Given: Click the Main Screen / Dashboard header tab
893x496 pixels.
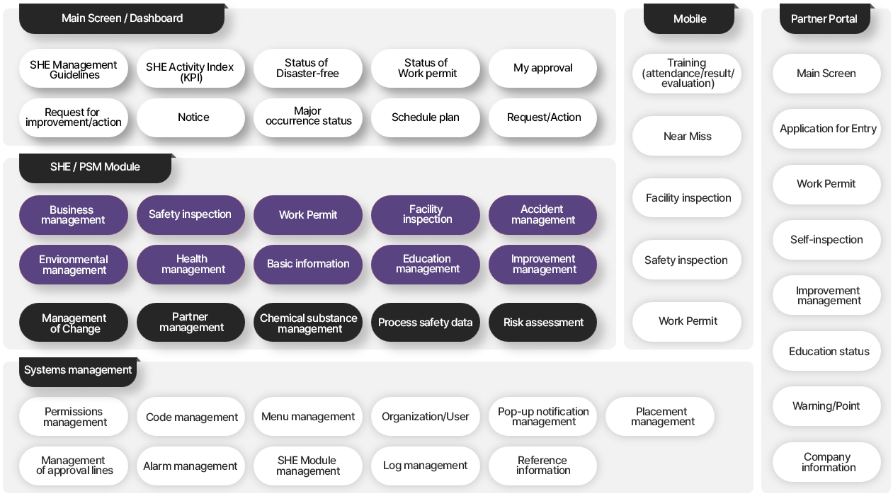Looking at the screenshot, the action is tap(122, 18).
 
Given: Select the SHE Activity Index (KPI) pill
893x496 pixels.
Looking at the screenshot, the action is tap(190, 69).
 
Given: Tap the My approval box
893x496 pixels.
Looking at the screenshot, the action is tap(542, 69).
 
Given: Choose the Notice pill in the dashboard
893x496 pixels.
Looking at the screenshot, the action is tap(190, 118).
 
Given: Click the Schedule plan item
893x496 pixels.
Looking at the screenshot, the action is tap(426, 118).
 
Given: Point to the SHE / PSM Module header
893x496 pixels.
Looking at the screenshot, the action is tap(96, 168).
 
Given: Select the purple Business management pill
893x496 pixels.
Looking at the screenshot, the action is tap(74, 215).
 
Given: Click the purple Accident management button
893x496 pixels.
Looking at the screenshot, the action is tap(542, 215).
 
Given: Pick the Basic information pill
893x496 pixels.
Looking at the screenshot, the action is tap(308, 265).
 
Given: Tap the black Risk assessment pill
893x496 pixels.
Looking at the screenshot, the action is tap(542, 323).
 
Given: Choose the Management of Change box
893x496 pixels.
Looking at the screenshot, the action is tap(74, 323).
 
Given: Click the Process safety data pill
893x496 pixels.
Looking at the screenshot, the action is tap(426, 323).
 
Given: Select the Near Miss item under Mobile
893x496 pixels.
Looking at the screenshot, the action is tap(687, 137).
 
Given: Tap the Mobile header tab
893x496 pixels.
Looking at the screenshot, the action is tap(689, 18).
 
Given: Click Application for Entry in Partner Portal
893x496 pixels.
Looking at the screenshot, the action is tap(827, 129).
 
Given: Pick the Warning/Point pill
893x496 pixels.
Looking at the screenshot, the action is tap(827, 406).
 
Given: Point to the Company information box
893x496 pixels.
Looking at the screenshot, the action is tap(827, 462).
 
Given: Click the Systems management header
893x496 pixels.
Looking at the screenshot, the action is tap(78, 371).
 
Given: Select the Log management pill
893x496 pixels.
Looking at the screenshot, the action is tap(426, 466).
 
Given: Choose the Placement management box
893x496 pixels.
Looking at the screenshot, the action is tap(660, 416).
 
